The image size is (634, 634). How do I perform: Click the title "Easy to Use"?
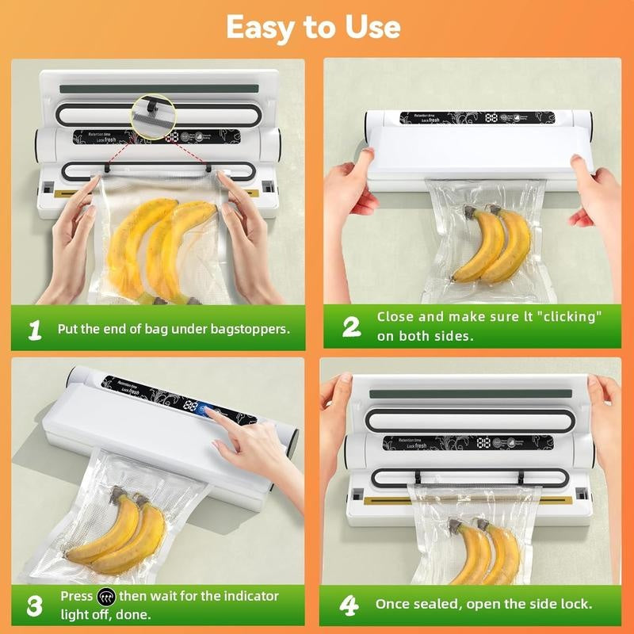[x=314, y=28]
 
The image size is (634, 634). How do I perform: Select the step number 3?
[x=34, y=606]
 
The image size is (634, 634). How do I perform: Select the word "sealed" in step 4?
[x=437, y=604]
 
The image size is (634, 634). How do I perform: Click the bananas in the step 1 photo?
[x=162, y=246]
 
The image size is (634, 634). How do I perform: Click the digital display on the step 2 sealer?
[x=491, y=117]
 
